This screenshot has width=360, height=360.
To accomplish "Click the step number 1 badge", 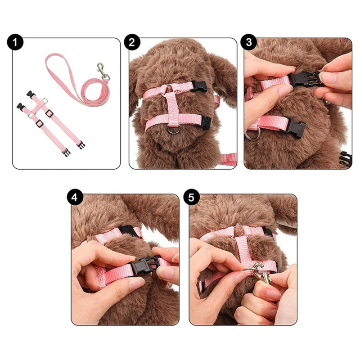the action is [x=15, y=42].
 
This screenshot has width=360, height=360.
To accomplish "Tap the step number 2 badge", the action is [x=132, y=42].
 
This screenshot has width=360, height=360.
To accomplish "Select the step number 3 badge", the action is [x=249, y=42].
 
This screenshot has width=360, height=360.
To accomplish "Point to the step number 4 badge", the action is [x=74, y=197].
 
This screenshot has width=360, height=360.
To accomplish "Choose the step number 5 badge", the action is [x=191, y=197].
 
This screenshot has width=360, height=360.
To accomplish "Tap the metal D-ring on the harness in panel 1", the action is [x=45, y=100].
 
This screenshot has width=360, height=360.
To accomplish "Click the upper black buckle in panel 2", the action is [x=199, y=86].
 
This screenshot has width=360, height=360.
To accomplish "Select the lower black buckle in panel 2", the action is [x=207, y=123].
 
